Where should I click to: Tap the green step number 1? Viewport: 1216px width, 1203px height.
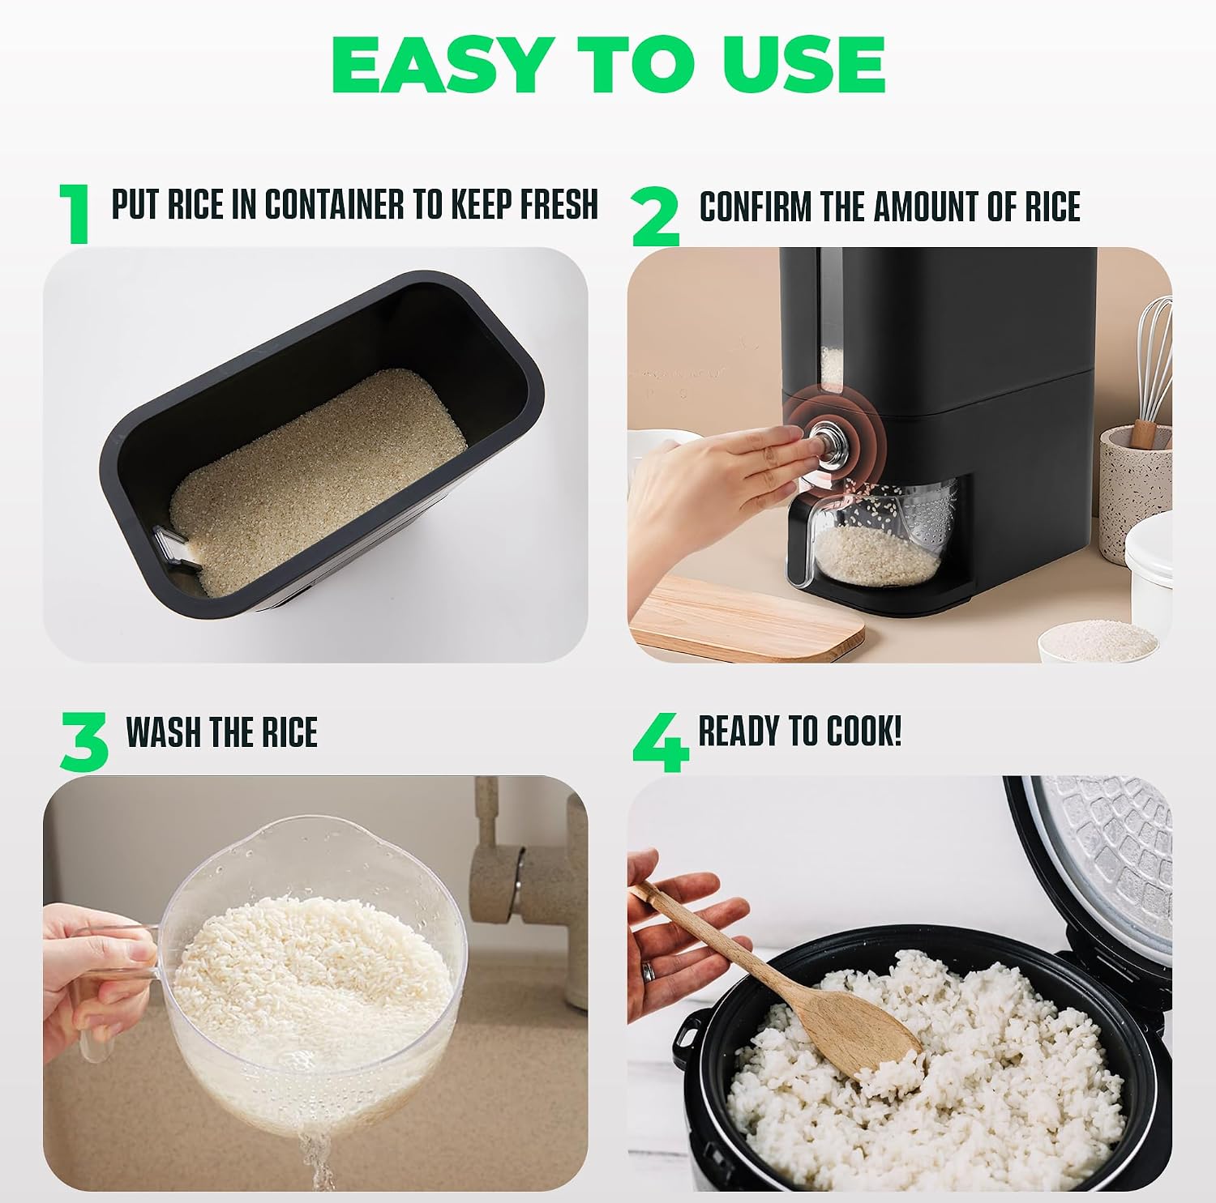[x=75, y=212]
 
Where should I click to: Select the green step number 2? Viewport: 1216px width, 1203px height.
[x=656, y=215]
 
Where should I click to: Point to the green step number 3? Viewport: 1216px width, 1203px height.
[x=84, y=741]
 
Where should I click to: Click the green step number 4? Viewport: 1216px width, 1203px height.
[x=662, y=743]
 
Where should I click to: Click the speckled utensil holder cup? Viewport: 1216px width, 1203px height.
[x=1135, y=494]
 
